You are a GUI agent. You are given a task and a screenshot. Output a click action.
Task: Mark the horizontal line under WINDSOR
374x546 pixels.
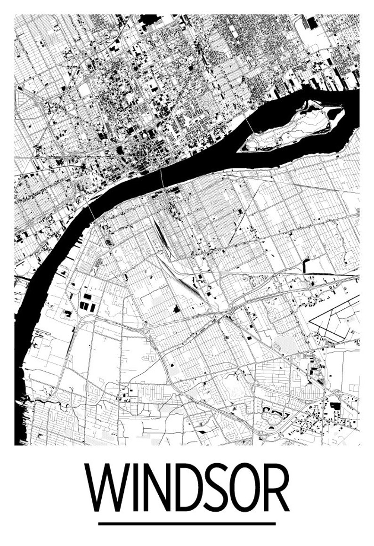coord(187,523)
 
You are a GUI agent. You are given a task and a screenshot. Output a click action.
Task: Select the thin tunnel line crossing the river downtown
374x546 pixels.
coord(162,179)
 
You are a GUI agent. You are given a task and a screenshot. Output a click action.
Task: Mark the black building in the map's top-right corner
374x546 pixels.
coord(313,23)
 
